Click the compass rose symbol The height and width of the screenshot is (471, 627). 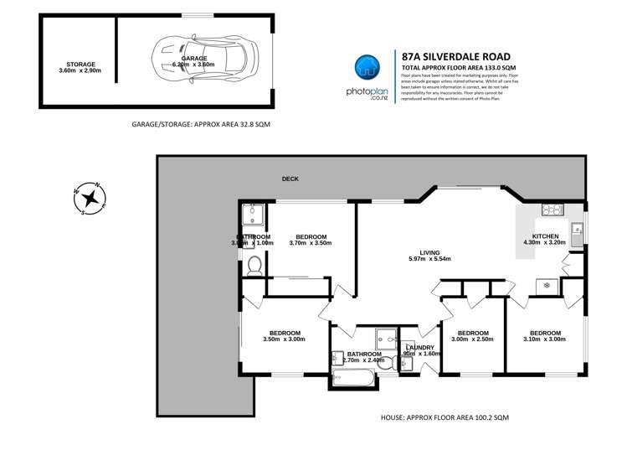90,199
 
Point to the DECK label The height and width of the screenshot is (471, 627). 290,179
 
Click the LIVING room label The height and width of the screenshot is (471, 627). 429,251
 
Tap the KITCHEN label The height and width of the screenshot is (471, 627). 545,236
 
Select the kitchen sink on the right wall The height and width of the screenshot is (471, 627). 577,227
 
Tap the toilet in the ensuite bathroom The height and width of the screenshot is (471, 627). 254,266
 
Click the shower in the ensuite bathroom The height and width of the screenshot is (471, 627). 254,217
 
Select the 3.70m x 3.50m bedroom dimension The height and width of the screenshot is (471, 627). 311,243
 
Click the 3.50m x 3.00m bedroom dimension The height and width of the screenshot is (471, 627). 283,339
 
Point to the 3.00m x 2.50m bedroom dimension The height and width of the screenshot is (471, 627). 472,339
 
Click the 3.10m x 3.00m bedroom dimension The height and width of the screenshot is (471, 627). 545,339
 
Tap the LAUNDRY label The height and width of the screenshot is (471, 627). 419,347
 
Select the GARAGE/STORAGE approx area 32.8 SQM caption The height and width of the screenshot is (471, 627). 201,123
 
